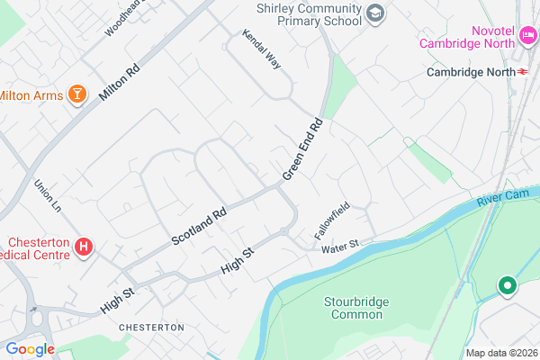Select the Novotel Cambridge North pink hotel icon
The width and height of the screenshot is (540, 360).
coord(528,38)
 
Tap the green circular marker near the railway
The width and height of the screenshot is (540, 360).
coord(508,287)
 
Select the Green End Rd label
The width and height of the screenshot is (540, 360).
coord(302,148)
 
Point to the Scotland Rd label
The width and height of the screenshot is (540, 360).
coord(199,229)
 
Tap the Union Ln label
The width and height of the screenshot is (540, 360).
coord(45,197)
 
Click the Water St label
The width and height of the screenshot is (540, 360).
coord(340,244)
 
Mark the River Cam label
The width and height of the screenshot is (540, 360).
coord(500,197)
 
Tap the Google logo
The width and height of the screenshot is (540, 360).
coord(30,349)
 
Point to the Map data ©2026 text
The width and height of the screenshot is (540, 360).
coord(499,353)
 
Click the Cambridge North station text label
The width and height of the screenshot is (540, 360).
coord(465,72)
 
